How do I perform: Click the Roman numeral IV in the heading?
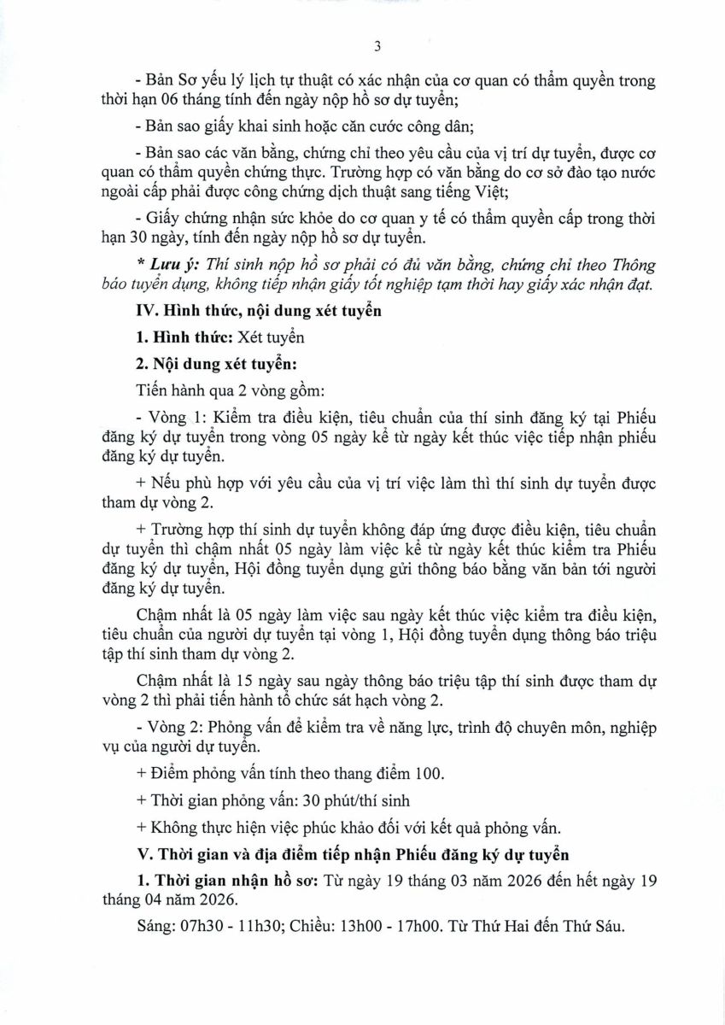144,312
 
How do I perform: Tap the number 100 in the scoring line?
430,774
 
